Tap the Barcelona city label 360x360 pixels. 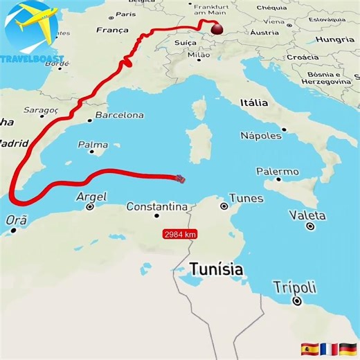click(119, 115)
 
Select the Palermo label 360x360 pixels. click(278, 171)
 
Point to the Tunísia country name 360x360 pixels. click(216, 269)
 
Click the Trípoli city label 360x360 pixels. click(294, 287)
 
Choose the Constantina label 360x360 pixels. click(157, 206)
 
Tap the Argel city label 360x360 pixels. click(91, 197)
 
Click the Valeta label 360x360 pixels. click(307, 215)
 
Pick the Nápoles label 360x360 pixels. click(260, 135)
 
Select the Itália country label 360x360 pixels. click(253, 102)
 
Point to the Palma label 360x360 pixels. click(93, 145)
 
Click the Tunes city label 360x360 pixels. click(246, 198)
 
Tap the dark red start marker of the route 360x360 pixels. click(217, 29)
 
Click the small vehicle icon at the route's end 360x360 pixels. click(181, 179)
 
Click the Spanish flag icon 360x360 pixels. click(309, 348)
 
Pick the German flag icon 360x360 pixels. click(348, 348)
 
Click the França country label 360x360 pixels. click(112, 30)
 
